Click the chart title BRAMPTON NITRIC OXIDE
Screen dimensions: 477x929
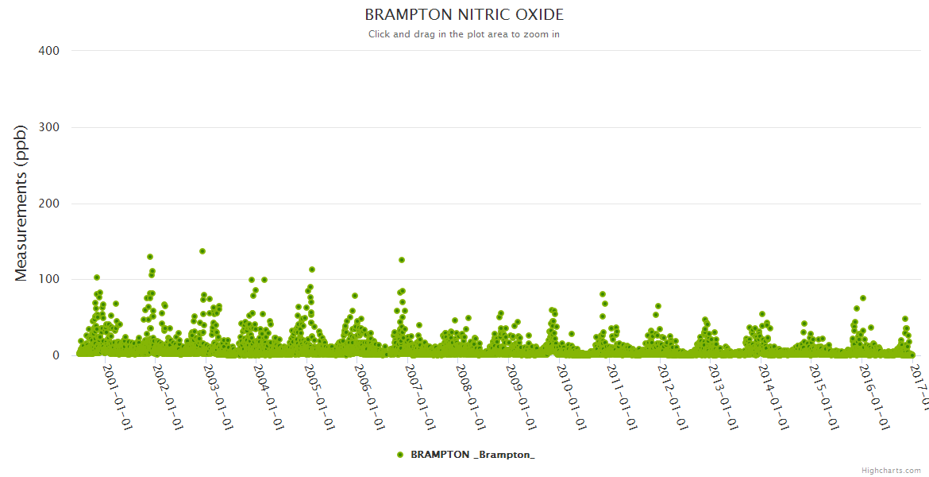coord(464,15)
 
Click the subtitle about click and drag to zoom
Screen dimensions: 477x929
coord(464,34)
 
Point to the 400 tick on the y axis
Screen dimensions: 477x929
coord(49,51)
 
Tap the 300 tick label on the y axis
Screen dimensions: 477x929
coord(49,127)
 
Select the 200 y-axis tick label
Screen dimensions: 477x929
coord(49,204)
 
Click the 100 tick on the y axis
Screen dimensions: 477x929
coord(49,280)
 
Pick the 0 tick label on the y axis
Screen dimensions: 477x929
coord(56,355)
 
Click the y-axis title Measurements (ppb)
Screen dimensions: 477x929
coord(21,204)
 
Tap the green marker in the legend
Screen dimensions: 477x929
coord(400,455)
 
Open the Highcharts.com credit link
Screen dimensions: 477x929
coord(891,471)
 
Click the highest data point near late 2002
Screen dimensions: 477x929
coord(202,251)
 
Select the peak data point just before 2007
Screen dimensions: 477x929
coord(402,260)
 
